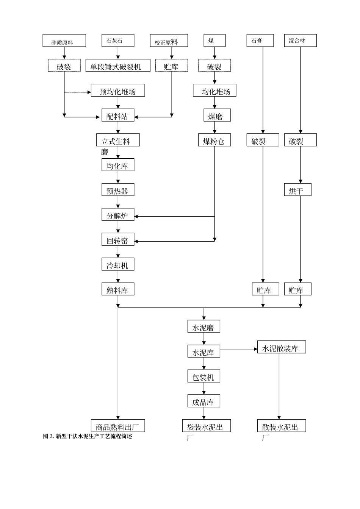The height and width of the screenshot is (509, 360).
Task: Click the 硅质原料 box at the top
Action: [64, 41]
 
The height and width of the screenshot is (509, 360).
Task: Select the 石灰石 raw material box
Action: [118, 41]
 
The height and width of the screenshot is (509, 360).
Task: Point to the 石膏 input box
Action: [260, 41]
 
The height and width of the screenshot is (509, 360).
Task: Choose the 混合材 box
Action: [300, 41]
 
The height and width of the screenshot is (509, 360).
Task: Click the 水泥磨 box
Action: [203, 327]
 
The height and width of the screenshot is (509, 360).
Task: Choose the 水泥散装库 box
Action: [281, 347]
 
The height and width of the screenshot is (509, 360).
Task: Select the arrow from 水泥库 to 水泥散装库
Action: [239, 349]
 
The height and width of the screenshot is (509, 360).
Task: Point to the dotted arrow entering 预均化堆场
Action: [78, 92]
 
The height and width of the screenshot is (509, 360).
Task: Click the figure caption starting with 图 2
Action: [88, 436]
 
